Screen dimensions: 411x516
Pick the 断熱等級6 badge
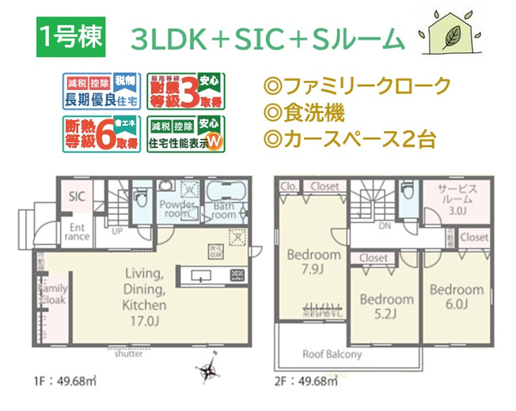click(x=101, y=134)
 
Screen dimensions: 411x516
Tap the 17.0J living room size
click(x=143, y=320)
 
